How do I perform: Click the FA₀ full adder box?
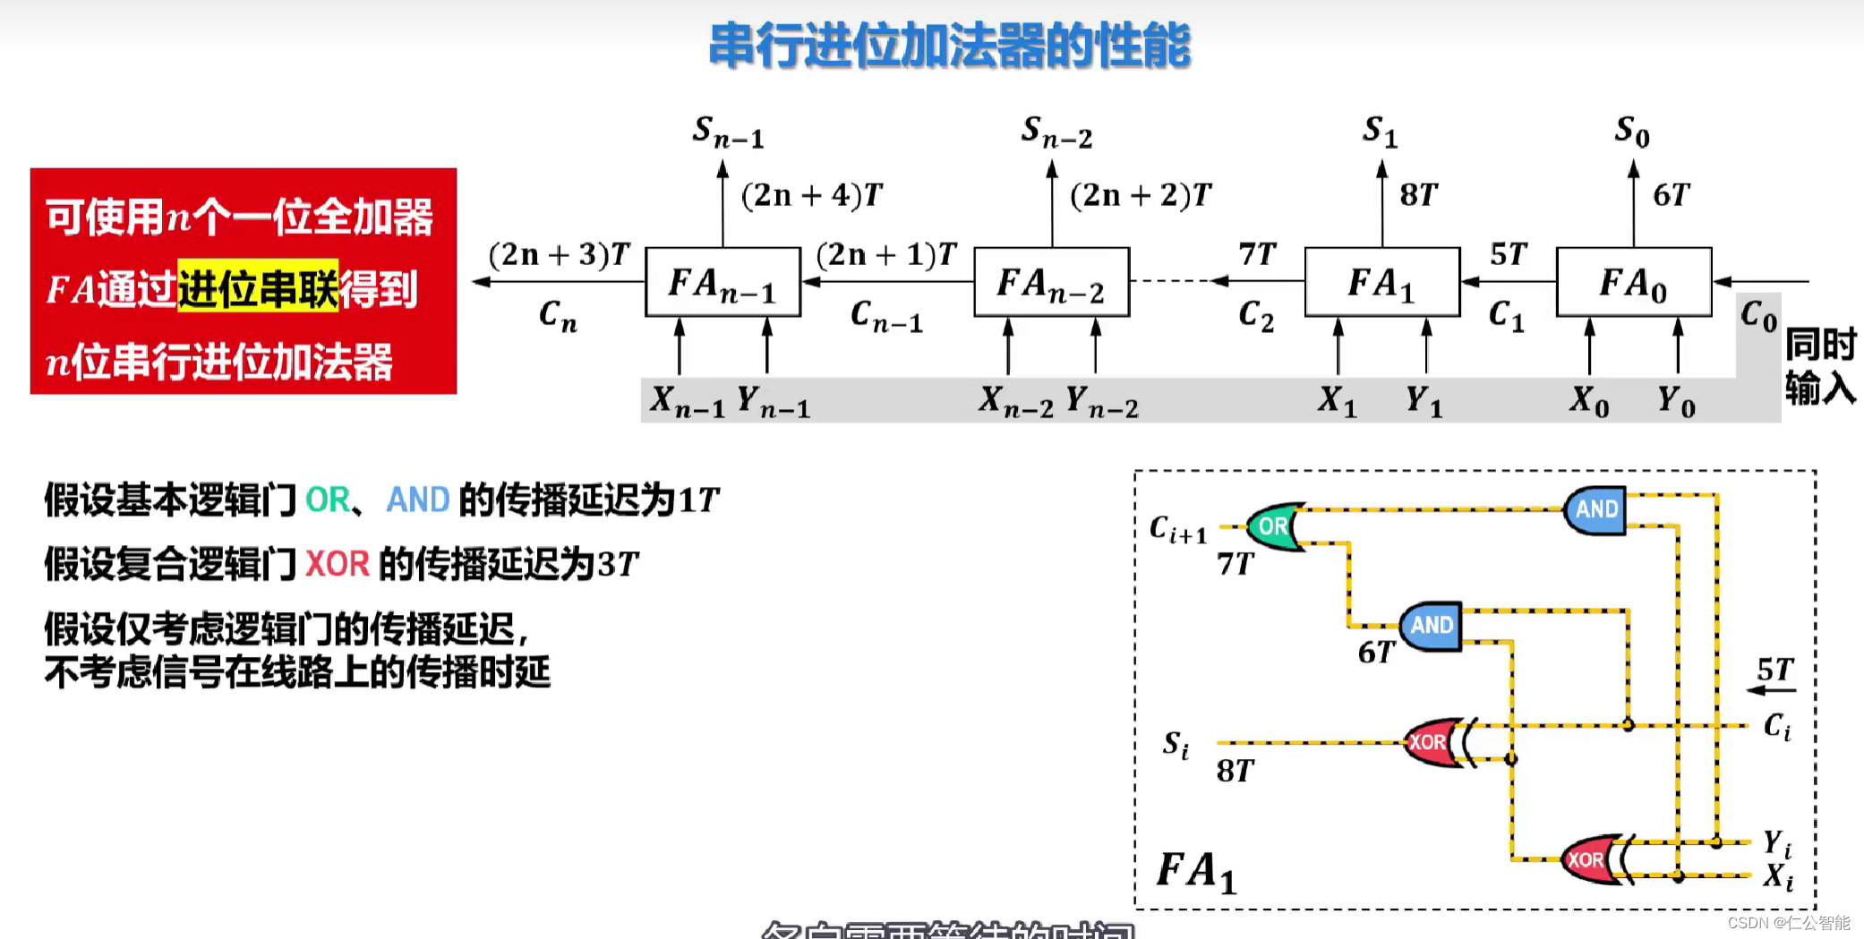click(1633, 282)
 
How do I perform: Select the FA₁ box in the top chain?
click(1381, 282)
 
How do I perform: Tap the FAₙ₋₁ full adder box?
click(723, 282)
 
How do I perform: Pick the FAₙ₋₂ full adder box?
click(1051, 282)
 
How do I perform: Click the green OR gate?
click(1273, 526)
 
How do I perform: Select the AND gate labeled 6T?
click(1431, 626)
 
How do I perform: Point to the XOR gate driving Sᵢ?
click(1430, 742)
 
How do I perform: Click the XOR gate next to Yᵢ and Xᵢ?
click(1588, 860)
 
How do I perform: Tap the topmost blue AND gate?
click(1595, 509)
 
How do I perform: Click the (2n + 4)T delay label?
click(811, 195)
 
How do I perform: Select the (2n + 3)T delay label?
click(559, 255)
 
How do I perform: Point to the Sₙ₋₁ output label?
click(728, 132)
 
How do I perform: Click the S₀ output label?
click(1631, 132)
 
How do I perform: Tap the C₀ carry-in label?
click(1758, 315)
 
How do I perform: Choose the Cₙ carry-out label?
click(558, 315)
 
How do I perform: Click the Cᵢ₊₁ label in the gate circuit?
click(1177, 530)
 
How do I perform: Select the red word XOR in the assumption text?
click(338, 565)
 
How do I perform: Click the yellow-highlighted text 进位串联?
click(258, 288)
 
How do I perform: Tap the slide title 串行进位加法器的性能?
click(949, 45)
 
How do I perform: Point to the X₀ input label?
click(1589, 401)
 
